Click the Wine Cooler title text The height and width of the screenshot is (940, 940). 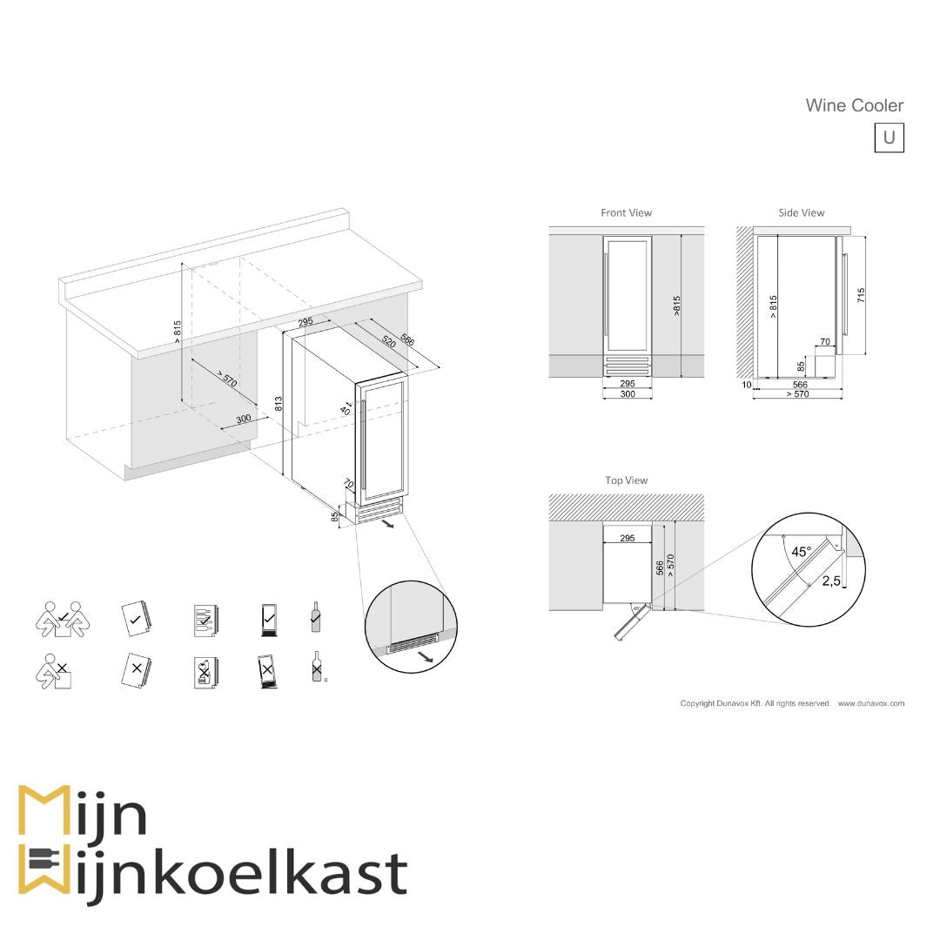pos(854,105)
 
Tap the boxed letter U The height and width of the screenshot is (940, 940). pos(889,138)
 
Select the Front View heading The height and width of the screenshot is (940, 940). pos(626,212)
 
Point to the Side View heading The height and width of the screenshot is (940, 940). pos(801,212)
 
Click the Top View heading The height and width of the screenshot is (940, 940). pos(627,480)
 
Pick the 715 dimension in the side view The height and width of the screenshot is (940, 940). pos(861,295)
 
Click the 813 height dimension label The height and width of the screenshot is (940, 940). pos(279,403)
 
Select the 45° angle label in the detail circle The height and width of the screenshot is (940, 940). pos(801,551)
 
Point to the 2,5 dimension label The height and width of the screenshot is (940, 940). pos(831,581)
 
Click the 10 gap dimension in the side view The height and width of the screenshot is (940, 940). pos(746,384)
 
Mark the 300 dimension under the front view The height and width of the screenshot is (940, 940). pos(627,394)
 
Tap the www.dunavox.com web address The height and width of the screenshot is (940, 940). pos(871,703)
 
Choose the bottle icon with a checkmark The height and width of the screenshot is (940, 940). pos(315,616)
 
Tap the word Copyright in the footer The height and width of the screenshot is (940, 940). pos(697,703)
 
